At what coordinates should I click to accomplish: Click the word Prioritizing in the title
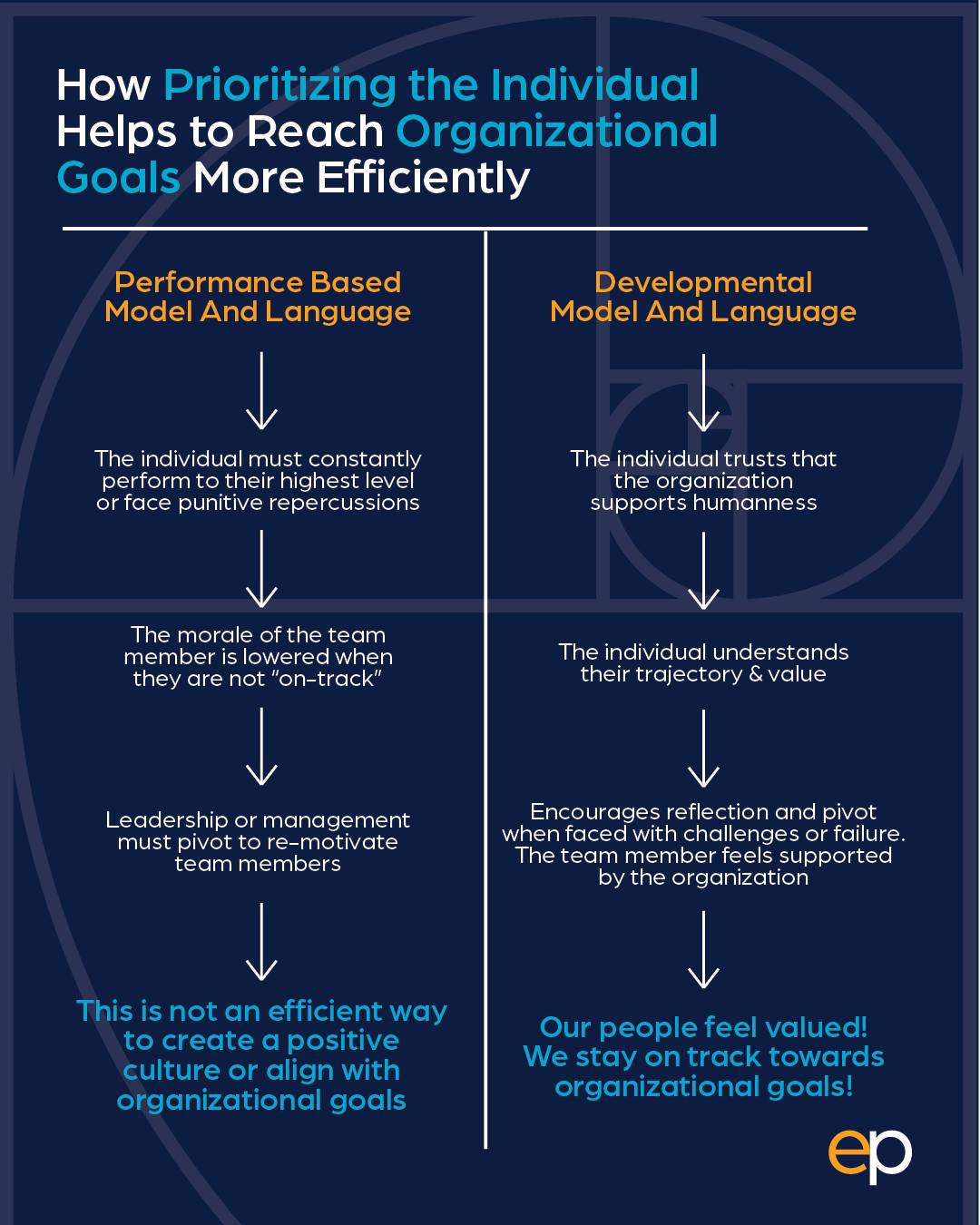279,86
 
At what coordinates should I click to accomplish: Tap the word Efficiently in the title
423,178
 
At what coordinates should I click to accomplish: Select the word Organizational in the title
556,132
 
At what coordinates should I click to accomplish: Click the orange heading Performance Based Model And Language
258,297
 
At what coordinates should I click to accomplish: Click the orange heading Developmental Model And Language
703,297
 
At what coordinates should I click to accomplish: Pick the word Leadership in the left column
167,821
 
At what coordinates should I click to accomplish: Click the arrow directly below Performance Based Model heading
261,390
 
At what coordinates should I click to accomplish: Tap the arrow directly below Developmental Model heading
703,393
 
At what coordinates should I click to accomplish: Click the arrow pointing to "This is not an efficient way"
261,942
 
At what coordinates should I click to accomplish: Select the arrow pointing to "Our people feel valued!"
703,949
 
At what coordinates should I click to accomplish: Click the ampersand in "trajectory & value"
756,674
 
